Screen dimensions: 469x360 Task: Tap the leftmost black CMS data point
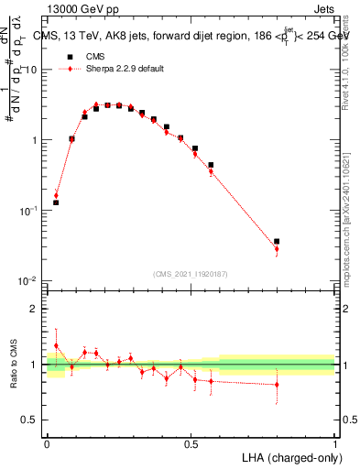point(56,202)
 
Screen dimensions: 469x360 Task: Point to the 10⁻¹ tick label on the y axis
point(30,211)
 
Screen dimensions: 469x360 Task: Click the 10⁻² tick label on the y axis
point(30,281)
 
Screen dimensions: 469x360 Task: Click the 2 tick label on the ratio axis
point(37,310)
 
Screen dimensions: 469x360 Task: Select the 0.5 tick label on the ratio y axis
point(33,420)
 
